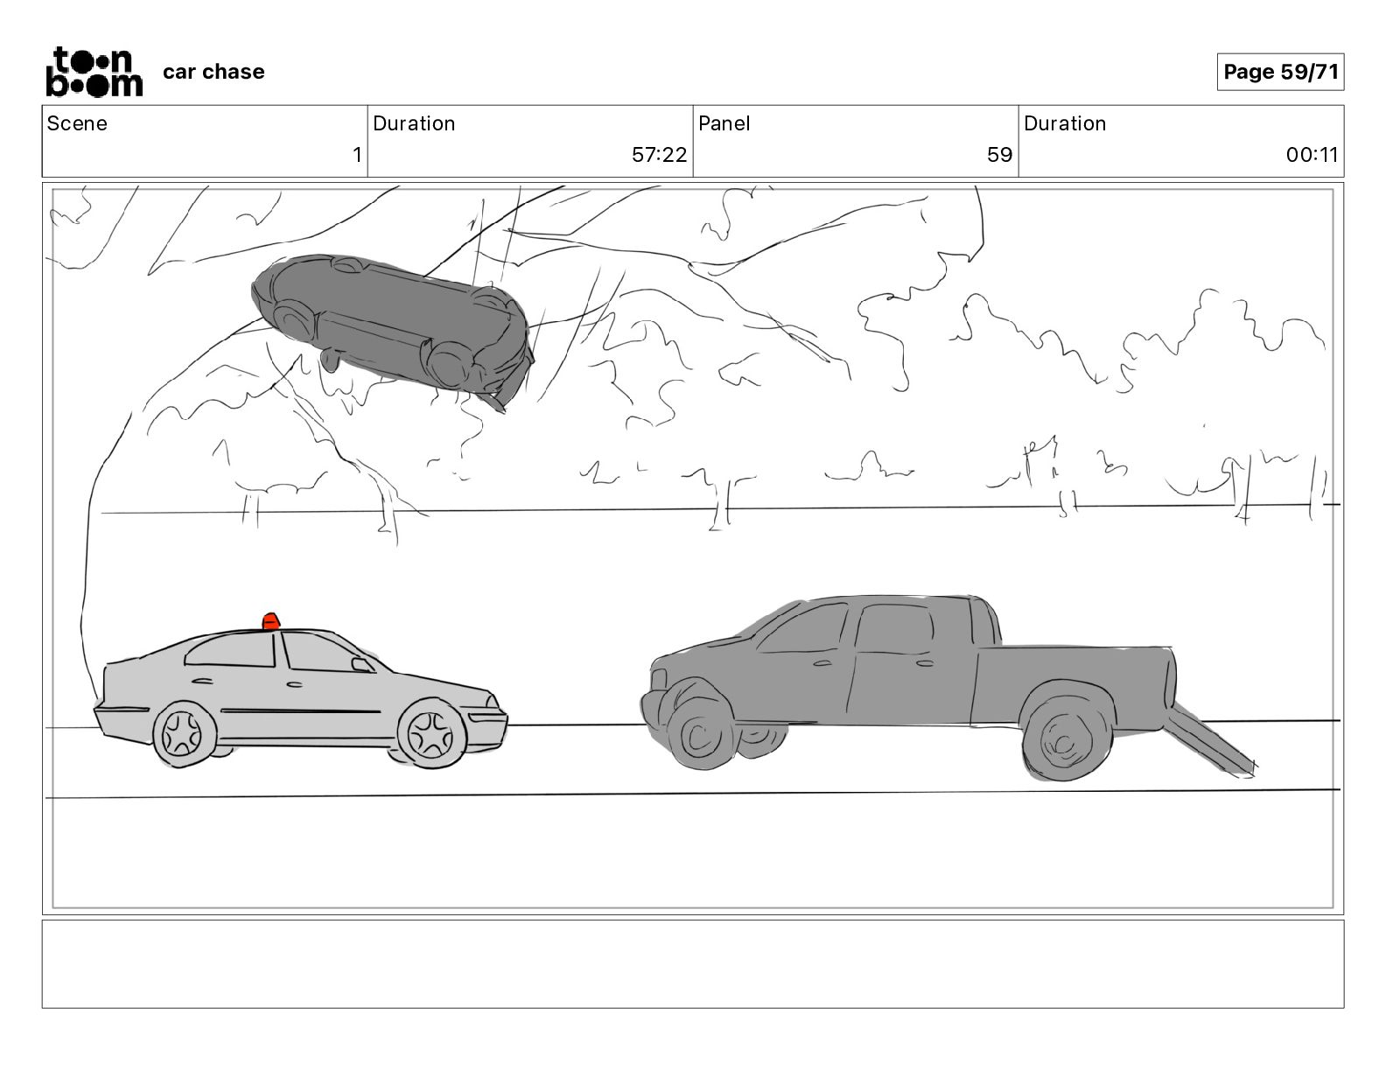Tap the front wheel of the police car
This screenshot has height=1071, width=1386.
tap(431, 734)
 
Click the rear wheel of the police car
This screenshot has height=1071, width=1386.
tap(184, 733)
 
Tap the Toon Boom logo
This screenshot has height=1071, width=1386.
tap(94, 72)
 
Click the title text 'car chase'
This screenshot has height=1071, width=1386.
tap(213, 72)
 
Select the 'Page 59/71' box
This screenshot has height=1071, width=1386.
tap(1280, 72)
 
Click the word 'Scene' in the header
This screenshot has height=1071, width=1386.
tap(77, 123)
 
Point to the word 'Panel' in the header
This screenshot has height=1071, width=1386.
tap(724, 123)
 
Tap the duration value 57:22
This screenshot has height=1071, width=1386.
tap(659, 155)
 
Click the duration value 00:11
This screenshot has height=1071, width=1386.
tap(1312, 155)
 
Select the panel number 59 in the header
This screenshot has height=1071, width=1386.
tap(999, 155)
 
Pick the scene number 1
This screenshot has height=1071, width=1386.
tap(357, 155)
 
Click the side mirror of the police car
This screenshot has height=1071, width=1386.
tap(360, 664)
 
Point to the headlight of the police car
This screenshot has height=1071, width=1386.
tap(493, 702)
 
